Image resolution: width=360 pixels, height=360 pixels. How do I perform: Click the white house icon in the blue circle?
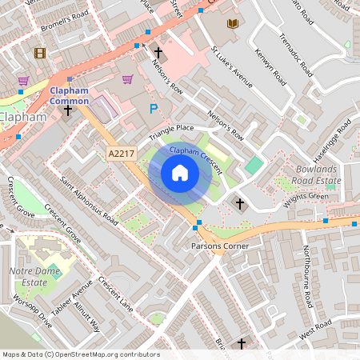point(180,173)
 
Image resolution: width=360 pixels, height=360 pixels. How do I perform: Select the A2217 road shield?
point(118,151)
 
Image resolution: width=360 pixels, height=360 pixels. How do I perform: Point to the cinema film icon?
point(40,54)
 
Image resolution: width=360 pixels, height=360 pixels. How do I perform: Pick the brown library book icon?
point(233,25)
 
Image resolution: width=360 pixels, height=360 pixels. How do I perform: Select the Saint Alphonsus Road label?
point(89,200)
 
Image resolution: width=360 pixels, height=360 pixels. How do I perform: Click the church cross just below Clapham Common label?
point(68,110)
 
